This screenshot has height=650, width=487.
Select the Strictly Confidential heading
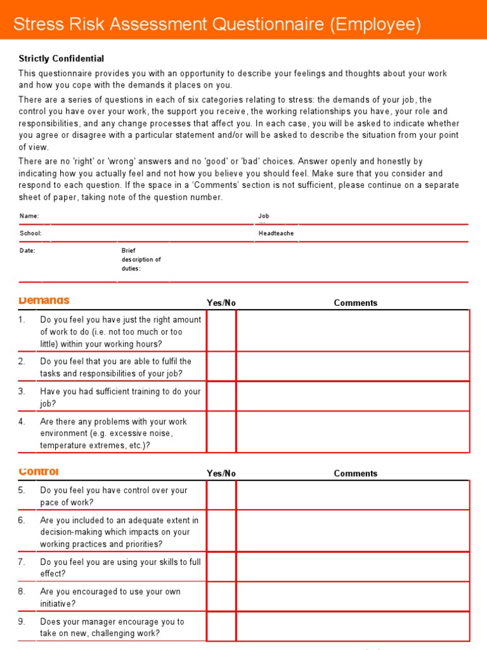coord(62,58)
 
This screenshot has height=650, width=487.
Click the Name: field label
coord(29,216)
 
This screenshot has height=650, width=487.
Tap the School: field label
coord(30,234)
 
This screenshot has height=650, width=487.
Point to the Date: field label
coord(27,251)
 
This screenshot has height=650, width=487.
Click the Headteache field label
coord(276,234)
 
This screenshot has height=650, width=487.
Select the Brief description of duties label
coord(141,260)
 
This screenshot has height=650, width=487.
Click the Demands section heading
coord(44,300)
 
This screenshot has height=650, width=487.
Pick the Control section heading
coord(39,472)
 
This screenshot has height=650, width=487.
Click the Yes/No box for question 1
coord(221,331)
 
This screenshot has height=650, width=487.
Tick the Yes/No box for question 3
coord(221,397)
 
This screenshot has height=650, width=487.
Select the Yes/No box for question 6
coord(221,531)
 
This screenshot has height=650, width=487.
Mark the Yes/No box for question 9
coord(221,627)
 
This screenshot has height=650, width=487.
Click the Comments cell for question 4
coord(353,433)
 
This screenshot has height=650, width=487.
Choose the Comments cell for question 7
coord(353,567)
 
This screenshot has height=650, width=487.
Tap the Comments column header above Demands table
coord(355,303)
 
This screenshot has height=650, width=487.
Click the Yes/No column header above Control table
coord(221,474)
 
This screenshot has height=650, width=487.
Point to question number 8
coord(22,592)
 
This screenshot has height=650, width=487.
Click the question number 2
coord(22,361)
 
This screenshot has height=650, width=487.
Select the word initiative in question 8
coord(58,604)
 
